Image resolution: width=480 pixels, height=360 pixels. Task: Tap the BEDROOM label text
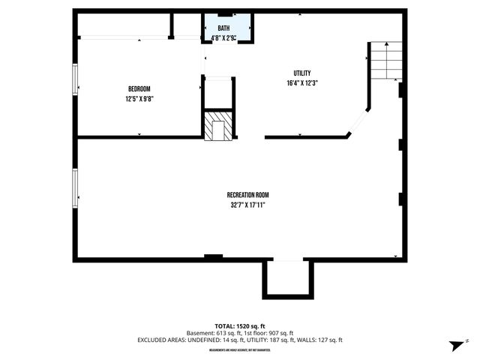(139, 88)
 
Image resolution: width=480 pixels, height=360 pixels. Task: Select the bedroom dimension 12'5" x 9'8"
(139, 98)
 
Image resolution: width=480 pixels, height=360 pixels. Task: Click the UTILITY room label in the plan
(302, 73)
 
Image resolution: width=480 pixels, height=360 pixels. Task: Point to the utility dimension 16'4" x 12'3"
(302, 82)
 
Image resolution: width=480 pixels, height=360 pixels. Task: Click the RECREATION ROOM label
(247, 195)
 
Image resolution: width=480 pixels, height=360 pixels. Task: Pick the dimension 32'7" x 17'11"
(247, 205)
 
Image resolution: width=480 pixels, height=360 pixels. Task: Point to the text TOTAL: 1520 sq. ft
(239, 326)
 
